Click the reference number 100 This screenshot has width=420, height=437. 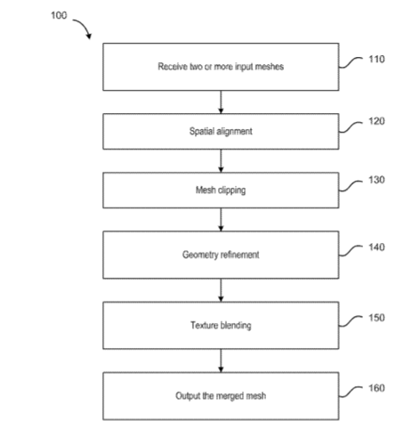[x=59, y=15]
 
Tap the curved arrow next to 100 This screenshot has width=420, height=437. [x=85, y=26]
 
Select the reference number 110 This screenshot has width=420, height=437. [x=376, y=60]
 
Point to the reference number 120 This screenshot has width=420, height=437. [x=376, y=121]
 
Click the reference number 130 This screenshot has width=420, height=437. [x=376, y=180]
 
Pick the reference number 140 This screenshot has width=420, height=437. [x=376, y=247]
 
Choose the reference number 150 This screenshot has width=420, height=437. [x=376, y=318]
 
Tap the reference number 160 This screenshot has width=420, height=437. [x=376, y=388]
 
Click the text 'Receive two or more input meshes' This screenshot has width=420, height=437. [x=221, y=67]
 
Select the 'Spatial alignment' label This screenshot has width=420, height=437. [x=221, y=131]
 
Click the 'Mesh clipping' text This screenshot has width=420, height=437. [x=221, y=190]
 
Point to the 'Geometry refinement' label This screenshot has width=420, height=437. [x=221, y=255]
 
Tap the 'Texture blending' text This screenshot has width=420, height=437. [x=221, y=325]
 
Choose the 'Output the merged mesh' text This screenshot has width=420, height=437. [x=221, y=396]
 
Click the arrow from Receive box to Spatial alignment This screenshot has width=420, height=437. [x=221, y=102]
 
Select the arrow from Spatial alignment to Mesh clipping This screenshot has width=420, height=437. [x=221, y=161]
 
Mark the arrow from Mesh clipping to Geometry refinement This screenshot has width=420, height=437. [x=221, y=220]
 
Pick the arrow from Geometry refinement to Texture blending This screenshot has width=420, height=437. [x=221, y=290]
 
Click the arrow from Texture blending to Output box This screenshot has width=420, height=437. [x=221, y=360]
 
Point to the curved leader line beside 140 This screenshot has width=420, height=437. [x=351, y=251]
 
